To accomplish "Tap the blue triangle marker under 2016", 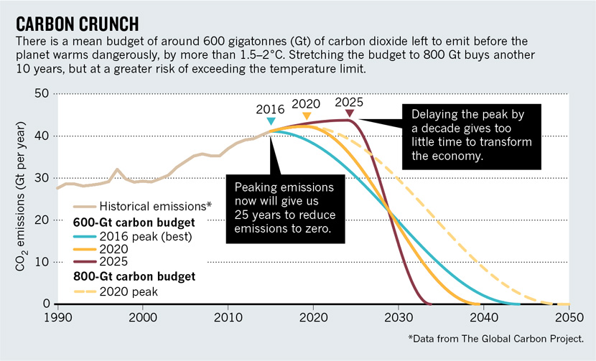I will pos(271,121).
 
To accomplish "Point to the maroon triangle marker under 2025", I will pos(349,113).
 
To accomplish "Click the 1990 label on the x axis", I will pos(57,316).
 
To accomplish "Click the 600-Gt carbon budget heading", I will pos(137,220).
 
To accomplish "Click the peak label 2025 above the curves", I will pos(349,101).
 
